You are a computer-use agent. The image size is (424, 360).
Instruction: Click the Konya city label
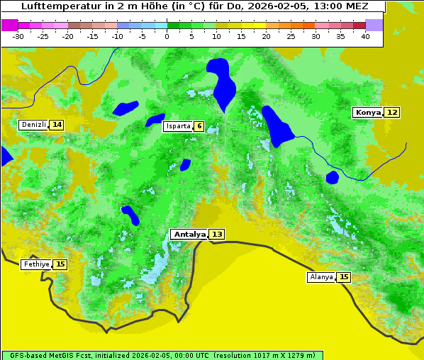(x=368, y=113)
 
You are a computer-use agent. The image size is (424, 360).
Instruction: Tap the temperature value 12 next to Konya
(x=392, y=113)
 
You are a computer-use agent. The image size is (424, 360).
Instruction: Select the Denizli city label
(x=33, y=125)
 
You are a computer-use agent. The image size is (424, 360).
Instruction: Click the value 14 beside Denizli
(x=57, y=125)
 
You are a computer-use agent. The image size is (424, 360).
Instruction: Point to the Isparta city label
(x=177, y=127)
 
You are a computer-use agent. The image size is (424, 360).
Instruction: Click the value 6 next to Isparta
(x=199, y=127)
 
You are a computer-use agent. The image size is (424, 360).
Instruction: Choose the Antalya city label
(x=189, y=235)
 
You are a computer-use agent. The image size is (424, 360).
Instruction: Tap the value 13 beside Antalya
(x=217, y=235)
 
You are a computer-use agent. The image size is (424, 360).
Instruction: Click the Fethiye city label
(x=36, y=264)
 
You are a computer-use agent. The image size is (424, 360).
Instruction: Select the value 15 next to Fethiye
(x=60, y=264)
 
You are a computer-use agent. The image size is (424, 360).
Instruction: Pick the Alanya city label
(x=321, y=277)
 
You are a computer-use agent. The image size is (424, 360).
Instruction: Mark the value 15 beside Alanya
(x=344, y=277)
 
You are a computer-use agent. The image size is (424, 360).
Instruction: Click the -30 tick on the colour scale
(x=19, y=35)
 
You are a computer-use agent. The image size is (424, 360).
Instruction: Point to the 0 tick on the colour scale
(x=167, y=35)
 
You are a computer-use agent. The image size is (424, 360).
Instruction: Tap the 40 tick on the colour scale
(x=365, y=35)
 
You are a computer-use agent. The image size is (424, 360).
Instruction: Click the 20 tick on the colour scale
(x=267, y=35)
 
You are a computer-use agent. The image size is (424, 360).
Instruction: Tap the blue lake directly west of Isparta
(x=155, y=120)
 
